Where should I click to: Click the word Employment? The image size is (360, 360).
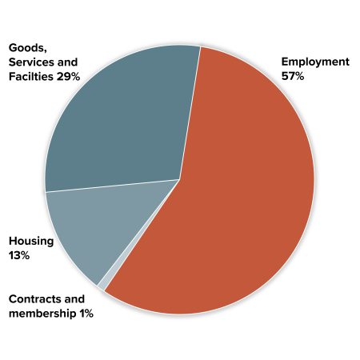(x=315, y=62)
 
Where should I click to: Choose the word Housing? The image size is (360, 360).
(x=31, y=241)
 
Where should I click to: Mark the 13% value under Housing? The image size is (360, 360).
(x=19, y=255)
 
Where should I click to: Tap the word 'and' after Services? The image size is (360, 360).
(x=67, y=62)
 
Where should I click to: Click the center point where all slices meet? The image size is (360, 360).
(x=179, y=179)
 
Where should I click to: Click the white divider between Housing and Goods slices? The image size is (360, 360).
(x=112, y=186)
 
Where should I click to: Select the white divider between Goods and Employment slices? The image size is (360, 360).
(x=190, y=112)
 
